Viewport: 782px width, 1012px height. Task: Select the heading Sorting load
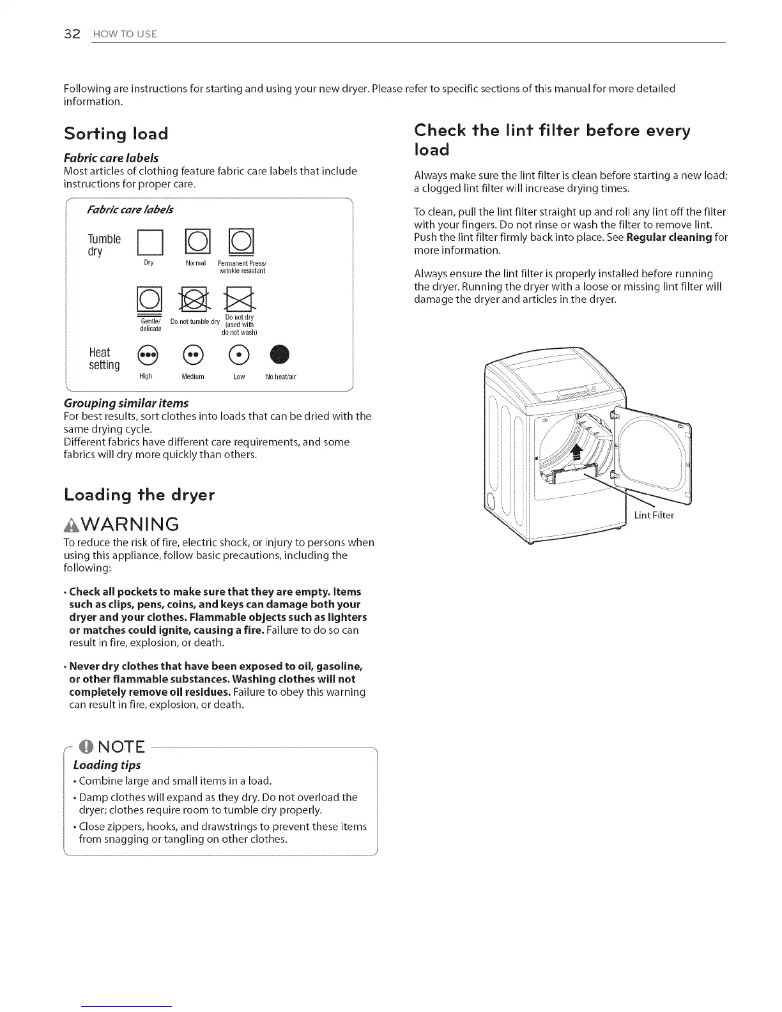[x=116, y=134]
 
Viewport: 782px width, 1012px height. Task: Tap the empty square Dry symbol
[x=148, y=241]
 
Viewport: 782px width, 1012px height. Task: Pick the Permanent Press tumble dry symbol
[x=241, y=241]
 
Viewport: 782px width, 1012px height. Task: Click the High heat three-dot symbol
[x=146, y=354]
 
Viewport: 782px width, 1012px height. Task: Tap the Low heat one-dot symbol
[x=240, y=354]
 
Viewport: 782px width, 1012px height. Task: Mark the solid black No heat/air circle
[x=280, y=354]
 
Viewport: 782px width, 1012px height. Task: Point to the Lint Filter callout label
[x=654, y=516]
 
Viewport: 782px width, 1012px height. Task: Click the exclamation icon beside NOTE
[x=83, y=747]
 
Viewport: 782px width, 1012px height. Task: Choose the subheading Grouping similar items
[x=126, y=403]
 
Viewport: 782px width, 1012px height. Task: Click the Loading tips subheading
[x=107, y=765]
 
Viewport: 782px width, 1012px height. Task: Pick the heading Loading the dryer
[x=139, y=495]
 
